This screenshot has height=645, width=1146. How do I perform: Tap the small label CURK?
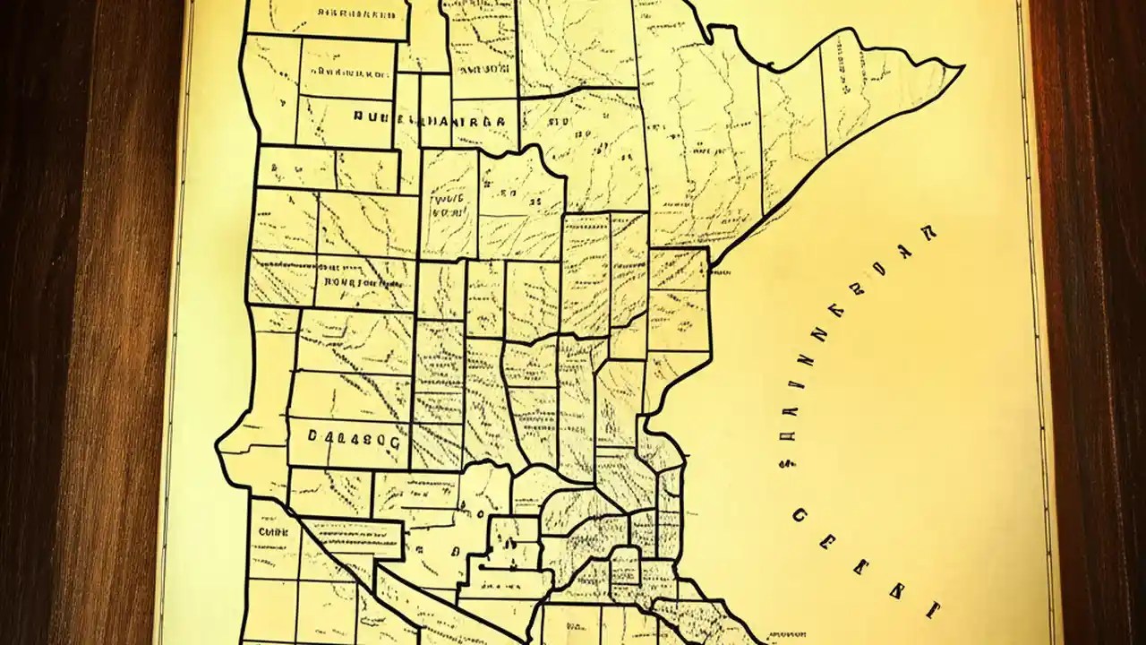pos(270,530)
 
